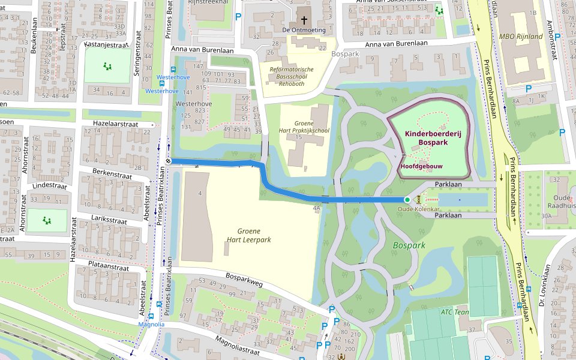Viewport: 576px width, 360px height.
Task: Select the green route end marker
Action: (407, 200)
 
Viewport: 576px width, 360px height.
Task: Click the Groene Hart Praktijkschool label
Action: (304, 127)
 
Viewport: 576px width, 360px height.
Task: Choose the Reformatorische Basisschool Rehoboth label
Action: (292, 77)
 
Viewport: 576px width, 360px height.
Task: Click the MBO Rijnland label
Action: (520, 37)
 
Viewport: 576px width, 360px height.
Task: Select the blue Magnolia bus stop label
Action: (151, 325)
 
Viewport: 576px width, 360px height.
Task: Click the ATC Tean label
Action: (455, 311)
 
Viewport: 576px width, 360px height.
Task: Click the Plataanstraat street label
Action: (108, 268)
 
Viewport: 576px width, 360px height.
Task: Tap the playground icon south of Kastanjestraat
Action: (107, 67)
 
